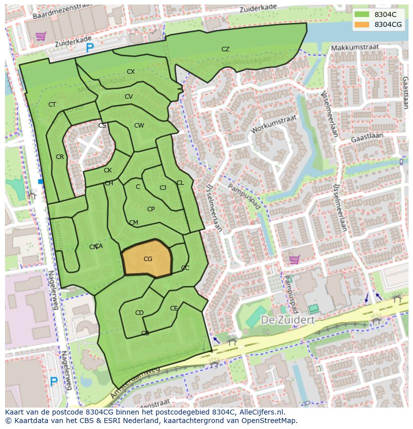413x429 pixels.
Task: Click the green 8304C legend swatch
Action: [362, 14]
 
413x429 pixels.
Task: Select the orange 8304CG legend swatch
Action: [362, 24]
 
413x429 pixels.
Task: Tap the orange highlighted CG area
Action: [148, 259]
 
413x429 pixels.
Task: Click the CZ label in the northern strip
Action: [225, 49]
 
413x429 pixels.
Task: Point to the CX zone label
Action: [131, 72]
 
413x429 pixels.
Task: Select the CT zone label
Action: [52, 105]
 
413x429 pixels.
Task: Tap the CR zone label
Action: [60, 157]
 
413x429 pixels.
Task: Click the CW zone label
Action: [139, 126]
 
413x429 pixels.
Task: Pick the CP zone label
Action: [151, 209]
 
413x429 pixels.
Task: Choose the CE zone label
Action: [174, 308]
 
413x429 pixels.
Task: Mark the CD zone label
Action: [139, 313]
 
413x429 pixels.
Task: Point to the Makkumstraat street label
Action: [355, 47]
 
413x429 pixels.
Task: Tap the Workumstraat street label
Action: [274, 125]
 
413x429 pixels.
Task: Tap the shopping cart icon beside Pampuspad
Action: [295, 259]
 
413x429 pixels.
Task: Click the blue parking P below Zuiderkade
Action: [90, 48]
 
